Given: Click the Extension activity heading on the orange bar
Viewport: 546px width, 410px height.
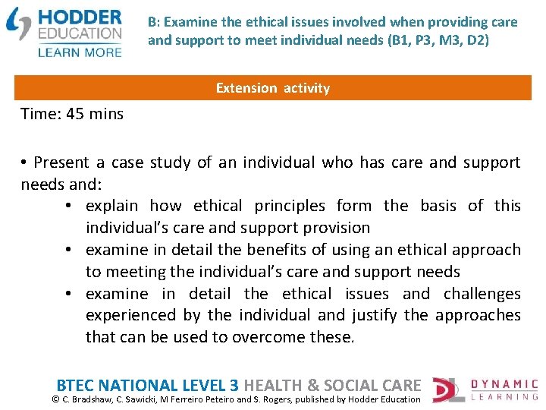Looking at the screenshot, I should pyautogui.click(x=273, y=88).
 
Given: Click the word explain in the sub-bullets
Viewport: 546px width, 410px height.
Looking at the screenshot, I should pyautogui.click(x=111, y=206).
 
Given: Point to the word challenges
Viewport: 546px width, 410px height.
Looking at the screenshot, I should pyautogui.click(x=482, y=294).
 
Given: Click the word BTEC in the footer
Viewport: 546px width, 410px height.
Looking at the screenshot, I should pyautogui.click(x=77, y=386).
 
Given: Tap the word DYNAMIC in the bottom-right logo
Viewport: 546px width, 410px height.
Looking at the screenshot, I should pyautogui.click(x=503, y=385).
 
